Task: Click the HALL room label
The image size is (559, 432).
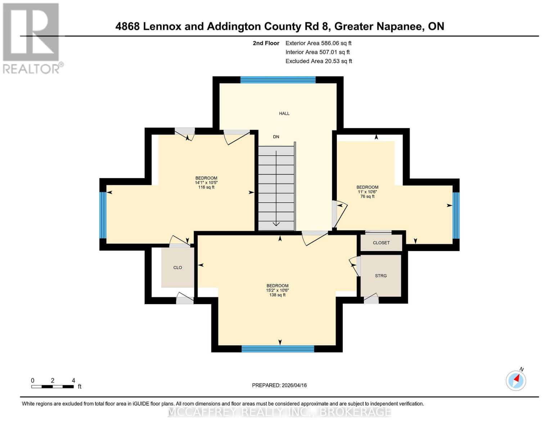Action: click(284, 113)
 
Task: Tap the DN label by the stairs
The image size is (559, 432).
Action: click(276, 137)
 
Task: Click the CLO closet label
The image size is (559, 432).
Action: click(177, 267)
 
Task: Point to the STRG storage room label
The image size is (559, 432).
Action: click(381, 276)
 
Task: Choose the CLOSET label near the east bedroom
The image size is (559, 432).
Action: click(381, 243)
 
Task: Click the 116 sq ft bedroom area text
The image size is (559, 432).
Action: click(206, 187)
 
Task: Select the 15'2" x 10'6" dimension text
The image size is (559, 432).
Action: click(278, 290)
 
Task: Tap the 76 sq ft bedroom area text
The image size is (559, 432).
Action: click(368, 197)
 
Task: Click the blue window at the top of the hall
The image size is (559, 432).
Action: click(278, 80)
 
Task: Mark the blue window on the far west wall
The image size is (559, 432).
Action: click(103, 215)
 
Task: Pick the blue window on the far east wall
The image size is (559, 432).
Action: click(456, 215)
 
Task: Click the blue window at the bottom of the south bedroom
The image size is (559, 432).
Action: click(278, 348)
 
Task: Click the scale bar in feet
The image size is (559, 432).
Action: click(53, 387)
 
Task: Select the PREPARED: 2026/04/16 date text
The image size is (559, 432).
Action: click(279, 385)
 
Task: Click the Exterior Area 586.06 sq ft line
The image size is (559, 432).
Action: click(318, 43)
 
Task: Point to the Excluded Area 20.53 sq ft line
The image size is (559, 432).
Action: click(319, 61)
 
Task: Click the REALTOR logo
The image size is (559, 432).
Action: click(32, 38)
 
